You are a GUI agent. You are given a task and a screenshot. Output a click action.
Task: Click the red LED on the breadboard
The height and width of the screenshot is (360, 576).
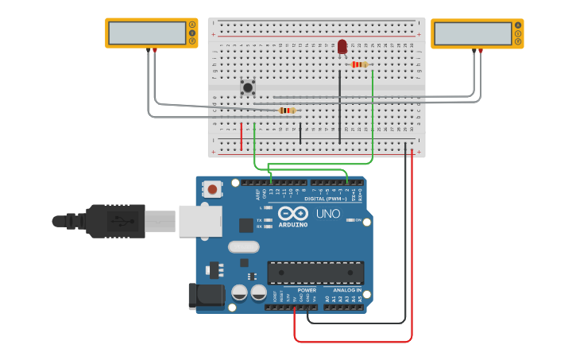coord(342,47)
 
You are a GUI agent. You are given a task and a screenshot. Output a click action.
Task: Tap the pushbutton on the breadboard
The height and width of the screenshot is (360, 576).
coord(248,87)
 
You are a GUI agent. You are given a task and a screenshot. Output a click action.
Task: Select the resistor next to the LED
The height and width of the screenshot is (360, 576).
coord(359,64)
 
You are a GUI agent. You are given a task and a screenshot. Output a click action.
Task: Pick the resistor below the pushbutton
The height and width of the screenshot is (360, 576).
coord(287,110)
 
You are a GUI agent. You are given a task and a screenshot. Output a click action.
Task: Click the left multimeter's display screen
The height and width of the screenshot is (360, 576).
coord(147,33)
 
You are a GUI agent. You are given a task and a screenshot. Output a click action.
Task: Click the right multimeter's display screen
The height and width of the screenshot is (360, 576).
coord(473,33)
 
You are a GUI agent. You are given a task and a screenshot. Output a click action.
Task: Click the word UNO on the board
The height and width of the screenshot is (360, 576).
coord(327,214)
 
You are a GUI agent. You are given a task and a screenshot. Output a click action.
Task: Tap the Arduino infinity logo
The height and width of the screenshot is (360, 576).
coord(293,213)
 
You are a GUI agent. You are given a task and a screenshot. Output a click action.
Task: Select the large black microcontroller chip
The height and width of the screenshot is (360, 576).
coord(315,273)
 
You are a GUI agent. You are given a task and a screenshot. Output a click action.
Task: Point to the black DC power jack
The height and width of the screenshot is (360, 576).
coord(205,295)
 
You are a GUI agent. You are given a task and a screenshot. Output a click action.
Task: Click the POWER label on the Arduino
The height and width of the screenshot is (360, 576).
coord(307,290)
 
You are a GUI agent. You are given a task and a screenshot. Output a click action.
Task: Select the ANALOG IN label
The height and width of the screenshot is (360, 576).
coord(346,290)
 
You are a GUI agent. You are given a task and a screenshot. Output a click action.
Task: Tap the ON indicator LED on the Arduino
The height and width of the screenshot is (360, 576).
coord(350,220)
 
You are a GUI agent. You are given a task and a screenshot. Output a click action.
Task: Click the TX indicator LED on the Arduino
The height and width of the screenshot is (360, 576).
coord(268,220)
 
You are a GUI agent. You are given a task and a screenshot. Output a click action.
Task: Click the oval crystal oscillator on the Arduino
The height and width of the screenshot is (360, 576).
coord(243,247)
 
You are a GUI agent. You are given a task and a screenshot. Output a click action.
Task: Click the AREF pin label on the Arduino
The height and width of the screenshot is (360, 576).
coord(257,193)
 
